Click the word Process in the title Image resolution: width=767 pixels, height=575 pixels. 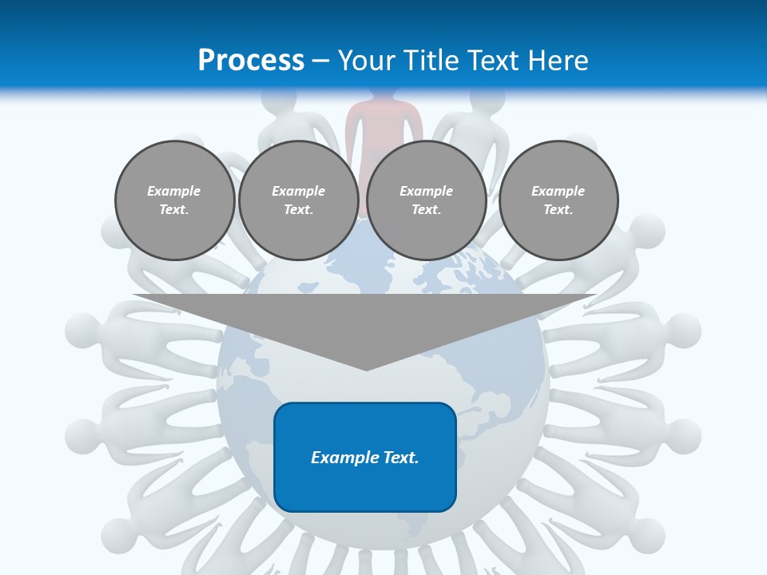(x=251, y=61)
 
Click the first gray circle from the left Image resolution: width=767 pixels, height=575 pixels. (x=174, y=200)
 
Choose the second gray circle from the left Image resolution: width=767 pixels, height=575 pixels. (x=299, y=200)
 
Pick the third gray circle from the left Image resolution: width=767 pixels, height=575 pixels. (x=427, y=200)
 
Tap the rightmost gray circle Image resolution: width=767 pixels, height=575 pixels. (x=558, y=200)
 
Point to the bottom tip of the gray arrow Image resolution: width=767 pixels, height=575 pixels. (x=365, y=369)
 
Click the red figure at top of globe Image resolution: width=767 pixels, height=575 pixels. (x=383, y=120)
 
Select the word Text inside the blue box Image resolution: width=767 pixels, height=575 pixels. (x=400, y=458)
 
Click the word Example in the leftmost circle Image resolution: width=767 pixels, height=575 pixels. (x=174, y=191)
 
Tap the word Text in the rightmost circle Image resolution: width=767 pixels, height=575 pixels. (x=558, y=210)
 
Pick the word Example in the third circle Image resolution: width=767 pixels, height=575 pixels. (x=427, y=191)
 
